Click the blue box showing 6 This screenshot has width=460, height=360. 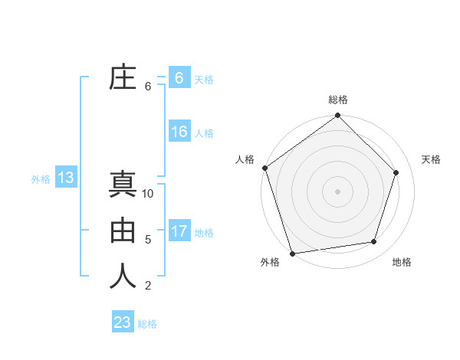[x=179, y=78]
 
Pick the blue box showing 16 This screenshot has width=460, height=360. [x=179, y=132]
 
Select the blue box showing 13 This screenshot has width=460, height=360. [x=65, y=178]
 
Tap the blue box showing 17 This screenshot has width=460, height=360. [x=179, y=231]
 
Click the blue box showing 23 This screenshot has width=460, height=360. [x=123, y=322]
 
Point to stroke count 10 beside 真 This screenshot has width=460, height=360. [x=148, y=194]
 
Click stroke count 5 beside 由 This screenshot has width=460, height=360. [x=148, y=240]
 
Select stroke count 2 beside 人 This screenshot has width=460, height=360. [x=148, y=286]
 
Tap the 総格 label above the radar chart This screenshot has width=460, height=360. [x=338, y=100]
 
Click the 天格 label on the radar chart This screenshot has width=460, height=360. [x=432, y=159]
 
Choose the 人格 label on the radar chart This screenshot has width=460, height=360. [x=245, y=159]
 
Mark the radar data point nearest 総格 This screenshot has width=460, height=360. [x=338, y=116]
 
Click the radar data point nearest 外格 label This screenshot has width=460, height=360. [x=292, y=253]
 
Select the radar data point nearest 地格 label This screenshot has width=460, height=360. [x=374, y=242]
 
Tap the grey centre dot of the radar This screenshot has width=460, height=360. [x=338, y=191]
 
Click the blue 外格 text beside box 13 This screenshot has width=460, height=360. [x=41, y=179]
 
